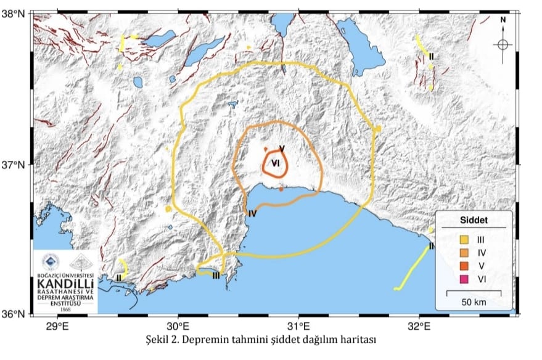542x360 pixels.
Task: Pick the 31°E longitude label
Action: point(298,325)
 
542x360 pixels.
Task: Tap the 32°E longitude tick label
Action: point(419,325)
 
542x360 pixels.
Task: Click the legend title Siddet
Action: point(474,221)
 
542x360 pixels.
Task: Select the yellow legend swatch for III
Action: point(464,239)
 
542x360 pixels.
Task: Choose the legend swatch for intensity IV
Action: point(464,253)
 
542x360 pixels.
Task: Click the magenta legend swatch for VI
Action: point(464,280)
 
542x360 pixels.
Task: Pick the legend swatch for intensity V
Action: point(464,266)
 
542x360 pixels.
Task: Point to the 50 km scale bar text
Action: point(473,301)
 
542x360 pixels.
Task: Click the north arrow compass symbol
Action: point(503,44)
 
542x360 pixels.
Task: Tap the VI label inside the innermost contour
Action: point(276,162)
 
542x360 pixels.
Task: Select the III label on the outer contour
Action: point(215,276)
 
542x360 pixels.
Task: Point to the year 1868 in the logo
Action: point(65,308)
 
